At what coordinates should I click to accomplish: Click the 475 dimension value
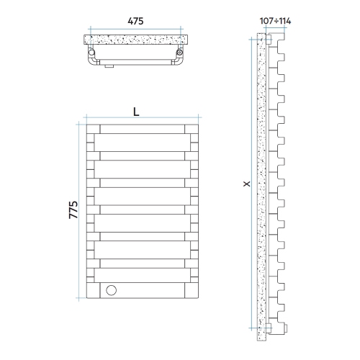(136, 20)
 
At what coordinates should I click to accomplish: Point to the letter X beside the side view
(246, 185)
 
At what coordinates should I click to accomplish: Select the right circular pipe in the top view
(179, 53)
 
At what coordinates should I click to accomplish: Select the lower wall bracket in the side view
(269, 328)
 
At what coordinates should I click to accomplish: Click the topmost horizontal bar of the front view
(141, 129)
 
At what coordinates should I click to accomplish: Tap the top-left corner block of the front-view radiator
(91, 129)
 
